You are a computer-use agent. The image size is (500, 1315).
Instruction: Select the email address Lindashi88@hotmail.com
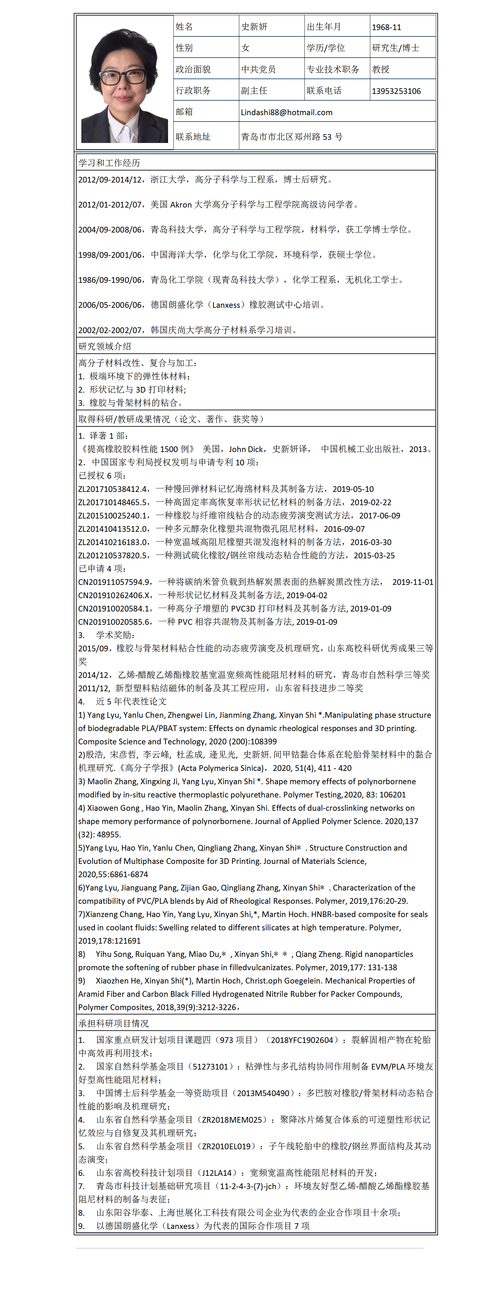tap(286, 112)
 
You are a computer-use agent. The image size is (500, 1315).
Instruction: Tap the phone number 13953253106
tap(396, 91)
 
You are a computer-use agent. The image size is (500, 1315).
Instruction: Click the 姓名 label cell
tap(184, 27)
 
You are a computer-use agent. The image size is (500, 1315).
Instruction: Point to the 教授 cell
tap(381, 69)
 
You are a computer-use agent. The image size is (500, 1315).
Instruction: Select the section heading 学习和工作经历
tap(109, 163)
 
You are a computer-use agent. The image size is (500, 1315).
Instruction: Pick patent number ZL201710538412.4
tap(113, 489)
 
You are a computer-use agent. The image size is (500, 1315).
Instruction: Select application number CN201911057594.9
tap(115, 582)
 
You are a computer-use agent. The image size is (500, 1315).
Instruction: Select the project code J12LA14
tap(218, 1173)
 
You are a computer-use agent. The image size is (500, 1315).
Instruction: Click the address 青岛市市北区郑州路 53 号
tap(292, 137)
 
